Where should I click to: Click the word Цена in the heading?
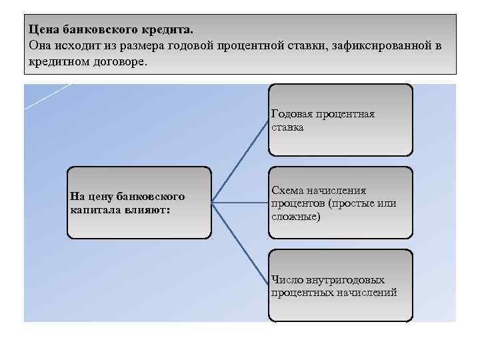coord(43,31)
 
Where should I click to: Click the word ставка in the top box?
coord(287,127)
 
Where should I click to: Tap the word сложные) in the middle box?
coord(295,217)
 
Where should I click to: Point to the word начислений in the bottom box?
coord(370,293)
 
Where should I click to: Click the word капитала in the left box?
coord(91,209)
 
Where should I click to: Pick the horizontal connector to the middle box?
coord(240,201)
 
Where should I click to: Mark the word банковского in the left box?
coord(150,197)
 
